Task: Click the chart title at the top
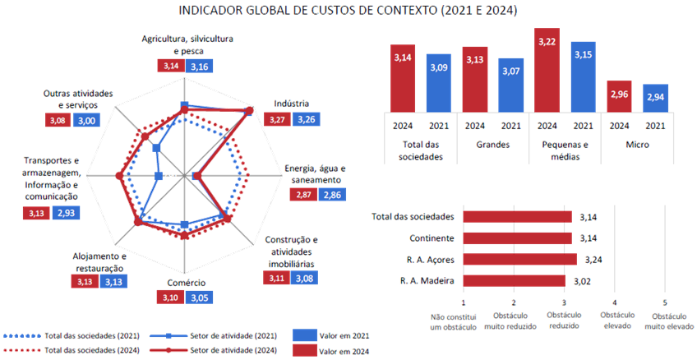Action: coord(348,11)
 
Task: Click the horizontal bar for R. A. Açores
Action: coord(520,261)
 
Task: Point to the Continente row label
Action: coord(432,238)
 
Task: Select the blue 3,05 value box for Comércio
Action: coord(197,297)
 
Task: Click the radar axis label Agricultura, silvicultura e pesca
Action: coord(187,44)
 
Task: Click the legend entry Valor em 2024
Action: coord(331,351)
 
